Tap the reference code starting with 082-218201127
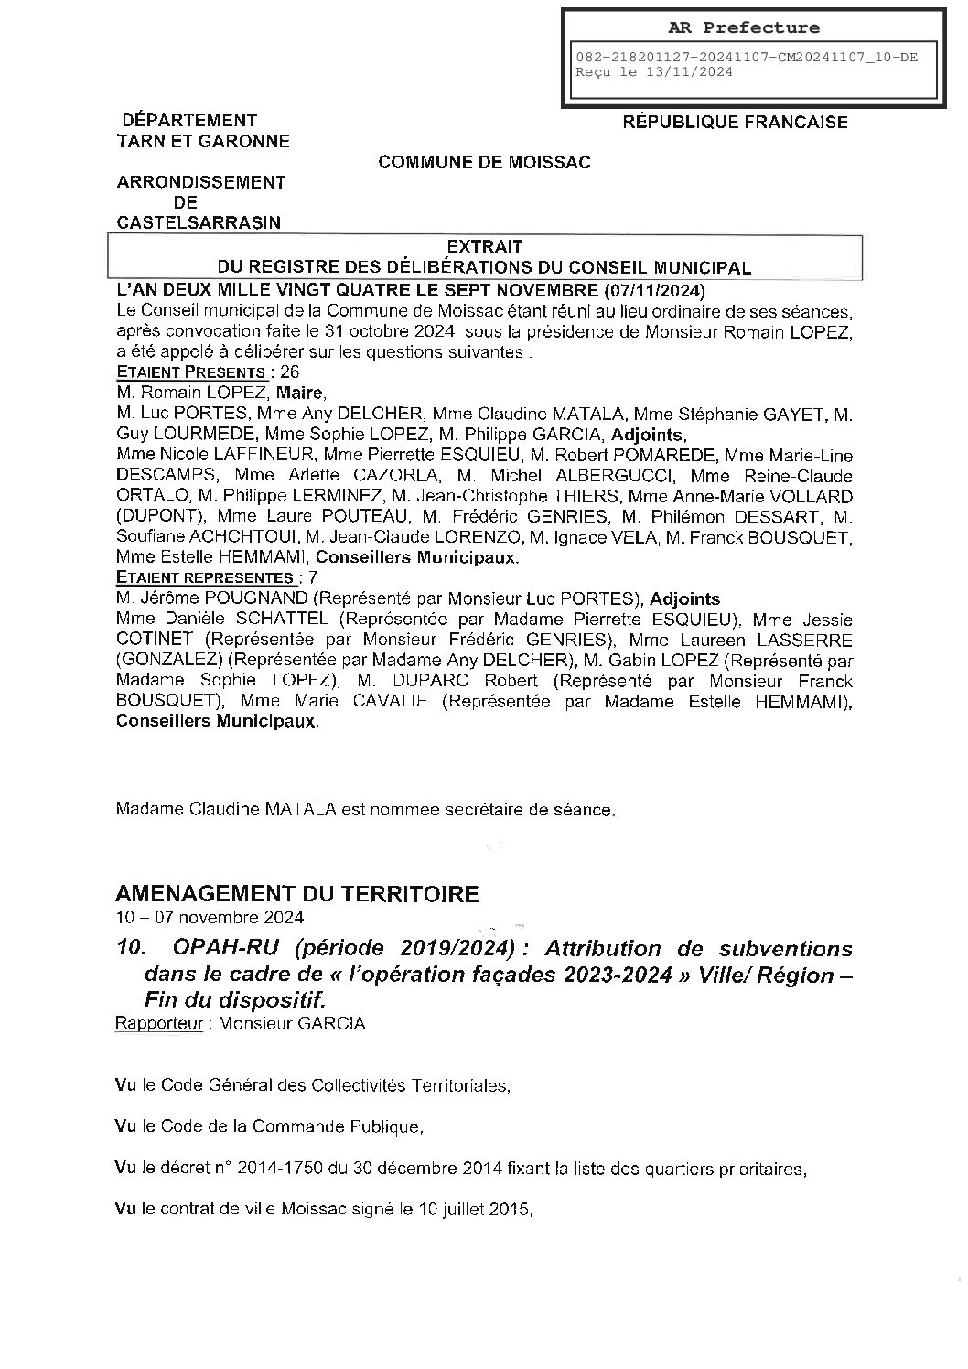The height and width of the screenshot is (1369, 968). pyautogui.click(x=746, y=58)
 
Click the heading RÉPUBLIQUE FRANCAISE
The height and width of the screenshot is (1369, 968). pyautogui.click(x=735, y=122)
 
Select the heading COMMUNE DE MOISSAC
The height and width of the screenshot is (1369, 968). pyautogui.click(x=485, y=163)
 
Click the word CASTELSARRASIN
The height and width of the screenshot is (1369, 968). pyautogui.click(x=199, y=222)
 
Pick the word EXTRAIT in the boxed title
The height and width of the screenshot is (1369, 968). pyautogui.click(x=484, y=247)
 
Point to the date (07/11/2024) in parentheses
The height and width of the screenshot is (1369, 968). pyautogui.click(x=654, y=292)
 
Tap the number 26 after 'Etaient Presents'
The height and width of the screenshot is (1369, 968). pyautogui.click(x=289, y=372)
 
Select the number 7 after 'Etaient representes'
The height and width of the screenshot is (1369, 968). pyautogui.click(x=314, y=578)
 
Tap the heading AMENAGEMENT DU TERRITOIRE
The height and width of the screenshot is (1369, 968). pyautogui.click(x=297, y=893)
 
